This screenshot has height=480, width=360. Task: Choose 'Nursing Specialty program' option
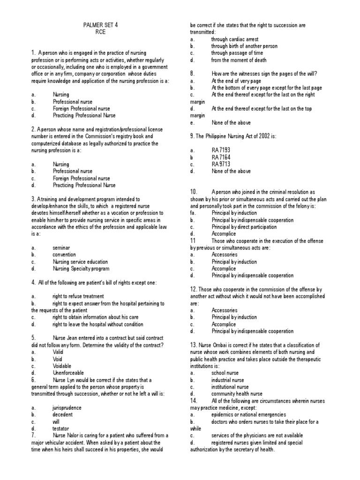pos(81,269)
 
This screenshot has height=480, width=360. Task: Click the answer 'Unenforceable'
pos(68,373)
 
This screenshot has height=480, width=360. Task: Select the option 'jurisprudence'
pos(67,408)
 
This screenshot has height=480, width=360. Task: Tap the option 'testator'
pos(61,428)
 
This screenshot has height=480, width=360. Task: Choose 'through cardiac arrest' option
pos(234,39)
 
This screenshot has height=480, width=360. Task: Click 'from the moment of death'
pos(239,60)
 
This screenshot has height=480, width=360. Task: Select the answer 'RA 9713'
pos(221,165)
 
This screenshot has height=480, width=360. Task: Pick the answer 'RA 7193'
pos(221,150)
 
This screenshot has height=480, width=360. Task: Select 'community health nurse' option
pos(237,394)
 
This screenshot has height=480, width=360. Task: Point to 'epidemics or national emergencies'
pos(248,415)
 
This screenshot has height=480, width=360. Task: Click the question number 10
pos(195,192)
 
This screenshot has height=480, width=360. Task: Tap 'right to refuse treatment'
pos(78,296)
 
